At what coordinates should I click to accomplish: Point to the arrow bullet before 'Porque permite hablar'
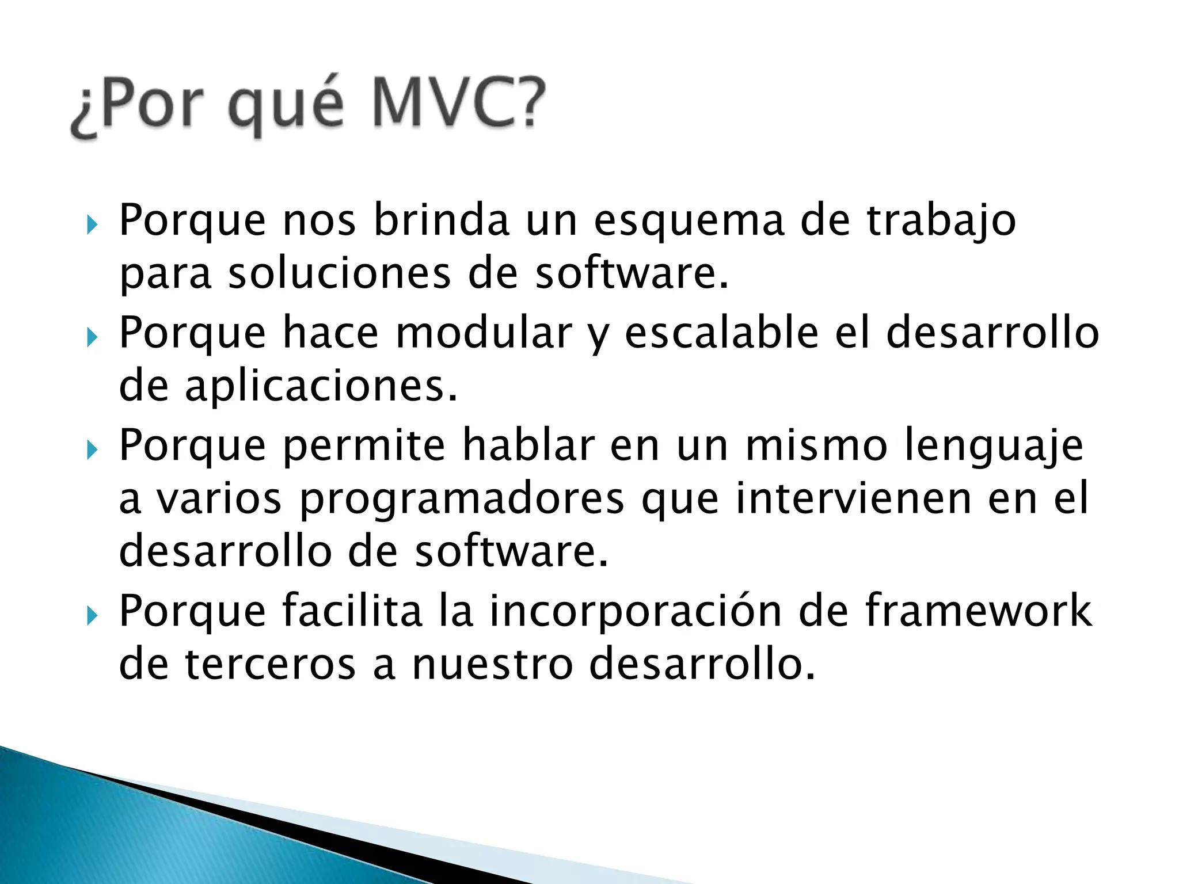pos(92,449)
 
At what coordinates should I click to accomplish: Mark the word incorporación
pos(636,611)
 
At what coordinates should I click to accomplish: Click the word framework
pos(978,611)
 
